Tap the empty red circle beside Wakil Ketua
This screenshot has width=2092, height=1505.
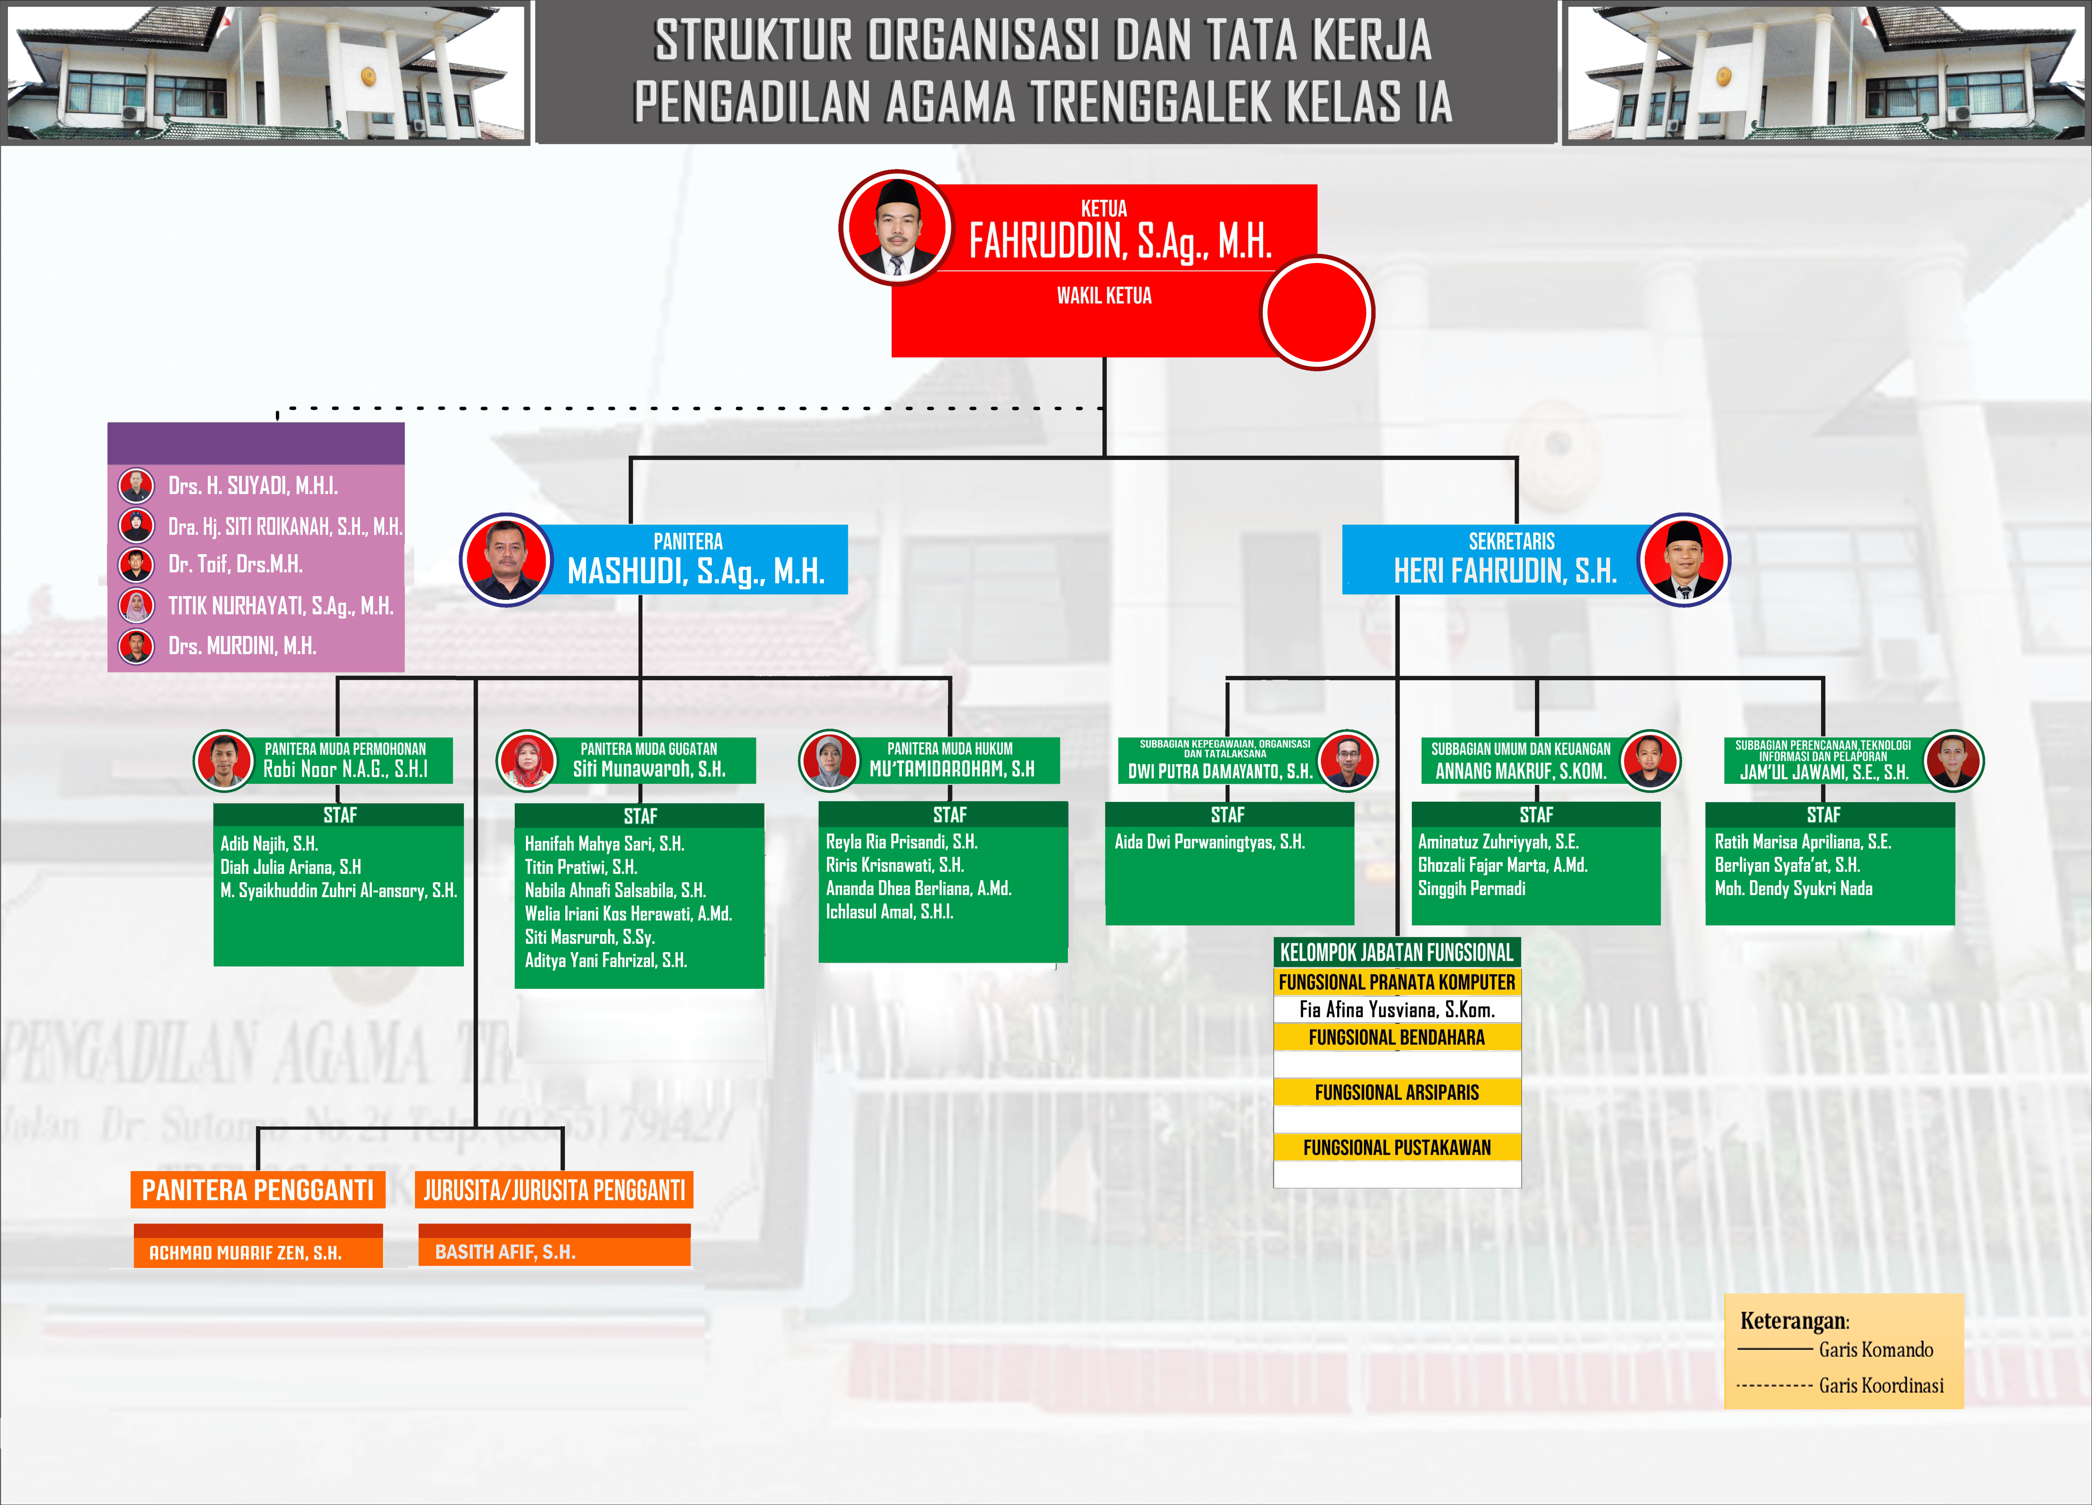[1317, 313]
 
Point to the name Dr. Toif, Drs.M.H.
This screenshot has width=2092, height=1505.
[235, 564]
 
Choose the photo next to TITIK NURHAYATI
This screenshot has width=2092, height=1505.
[137, 605]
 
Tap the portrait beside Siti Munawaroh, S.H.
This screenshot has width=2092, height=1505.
[527, 760]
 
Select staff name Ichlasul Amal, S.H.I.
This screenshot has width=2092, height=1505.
[889, 912]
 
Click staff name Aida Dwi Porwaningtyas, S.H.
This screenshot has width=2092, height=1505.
[1209, 842]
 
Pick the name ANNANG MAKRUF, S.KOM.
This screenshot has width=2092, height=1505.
[1520, 771]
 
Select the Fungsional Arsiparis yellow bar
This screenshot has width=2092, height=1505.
[1396, 1093]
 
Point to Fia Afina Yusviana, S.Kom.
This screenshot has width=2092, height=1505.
[1396, 1010]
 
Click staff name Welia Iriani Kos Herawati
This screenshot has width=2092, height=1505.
[628, 914]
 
